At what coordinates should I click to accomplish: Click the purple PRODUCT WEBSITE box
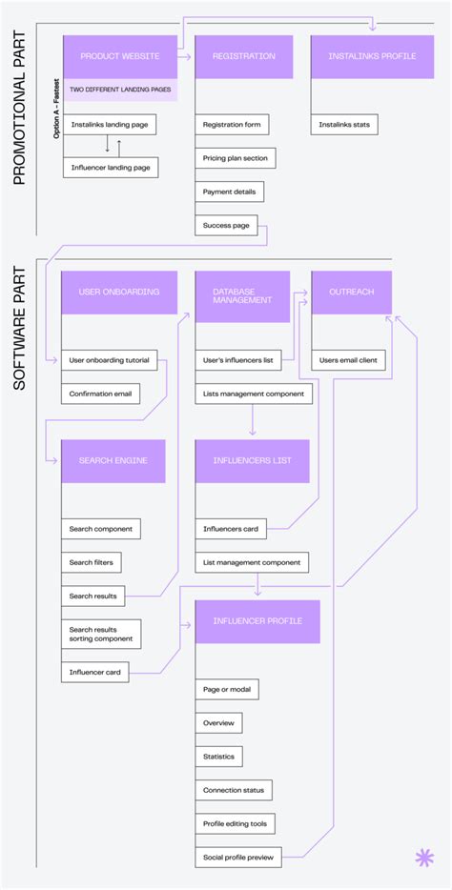pyautogui.click(x=119, y=56)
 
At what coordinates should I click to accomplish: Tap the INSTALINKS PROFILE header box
pyautogui.click(x=359, y=56)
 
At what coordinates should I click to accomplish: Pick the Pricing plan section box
pyautogui.click(x=236, y=158)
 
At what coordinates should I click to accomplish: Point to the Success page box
pyautogui.click(x=226, y=226)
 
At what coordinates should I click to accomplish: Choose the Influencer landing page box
pyautogui.click(x=111, y=168)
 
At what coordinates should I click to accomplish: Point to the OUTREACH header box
pyautogui.click(x=351, y=292)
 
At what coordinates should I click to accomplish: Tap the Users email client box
pyautogui.click(x=348, y=360)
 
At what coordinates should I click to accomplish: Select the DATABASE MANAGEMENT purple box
pyautogui.click(x=242, y=294)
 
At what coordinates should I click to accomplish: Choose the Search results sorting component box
pyautogui.click(x=102, y=634)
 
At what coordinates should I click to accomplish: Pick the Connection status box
pyautogui.click(x=234, y=790)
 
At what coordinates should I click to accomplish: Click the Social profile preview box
pyautogui.click(x=238, y=858)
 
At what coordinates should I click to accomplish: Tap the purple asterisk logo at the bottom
pyautogui.click(x=423, y=858)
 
